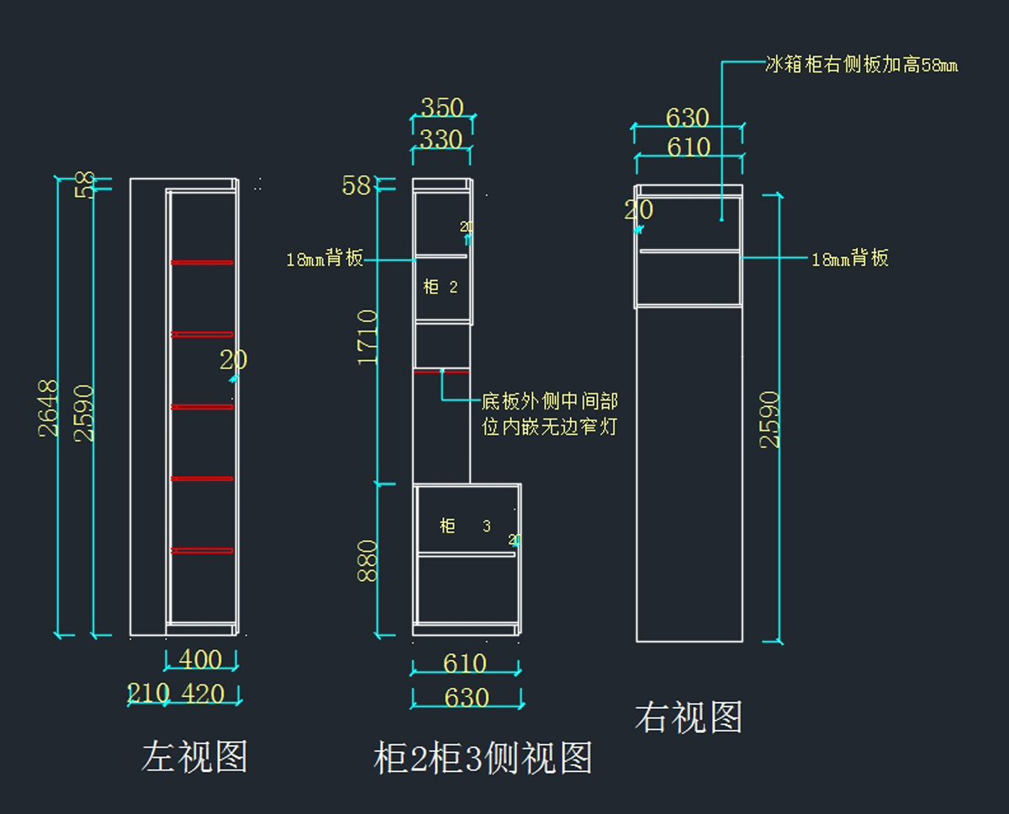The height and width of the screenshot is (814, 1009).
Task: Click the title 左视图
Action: (194, 757)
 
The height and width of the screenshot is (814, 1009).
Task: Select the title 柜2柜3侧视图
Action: (483, 758)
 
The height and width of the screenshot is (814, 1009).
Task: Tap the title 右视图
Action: (689, 718)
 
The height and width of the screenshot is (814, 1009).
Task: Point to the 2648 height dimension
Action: (49, 408)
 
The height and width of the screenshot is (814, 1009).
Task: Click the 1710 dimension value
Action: (368, 337)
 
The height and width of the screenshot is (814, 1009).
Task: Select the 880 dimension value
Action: (368, 561)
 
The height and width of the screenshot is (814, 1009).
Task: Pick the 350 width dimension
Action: (442, 108)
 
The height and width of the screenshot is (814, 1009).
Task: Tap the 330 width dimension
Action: (441, 139)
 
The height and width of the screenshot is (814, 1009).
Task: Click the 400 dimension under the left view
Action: (200, 659)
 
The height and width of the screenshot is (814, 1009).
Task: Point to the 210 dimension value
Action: (148, 694)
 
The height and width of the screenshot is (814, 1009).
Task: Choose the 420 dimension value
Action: (203, 694)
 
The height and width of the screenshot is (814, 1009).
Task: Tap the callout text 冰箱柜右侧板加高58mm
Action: (861, 65)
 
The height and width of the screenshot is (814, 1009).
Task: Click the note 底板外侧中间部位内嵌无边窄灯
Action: (549, 415)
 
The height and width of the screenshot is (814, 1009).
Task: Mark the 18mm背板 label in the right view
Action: (849, 258)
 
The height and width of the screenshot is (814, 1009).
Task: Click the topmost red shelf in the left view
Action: (202, 262)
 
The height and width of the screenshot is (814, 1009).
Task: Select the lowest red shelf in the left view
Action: (202, 551)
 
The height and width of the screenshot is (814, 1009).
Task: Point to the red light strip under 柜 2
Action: (441, 371)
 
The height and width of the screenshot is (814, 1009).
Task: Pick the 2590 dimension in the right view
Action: (770, 419)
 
